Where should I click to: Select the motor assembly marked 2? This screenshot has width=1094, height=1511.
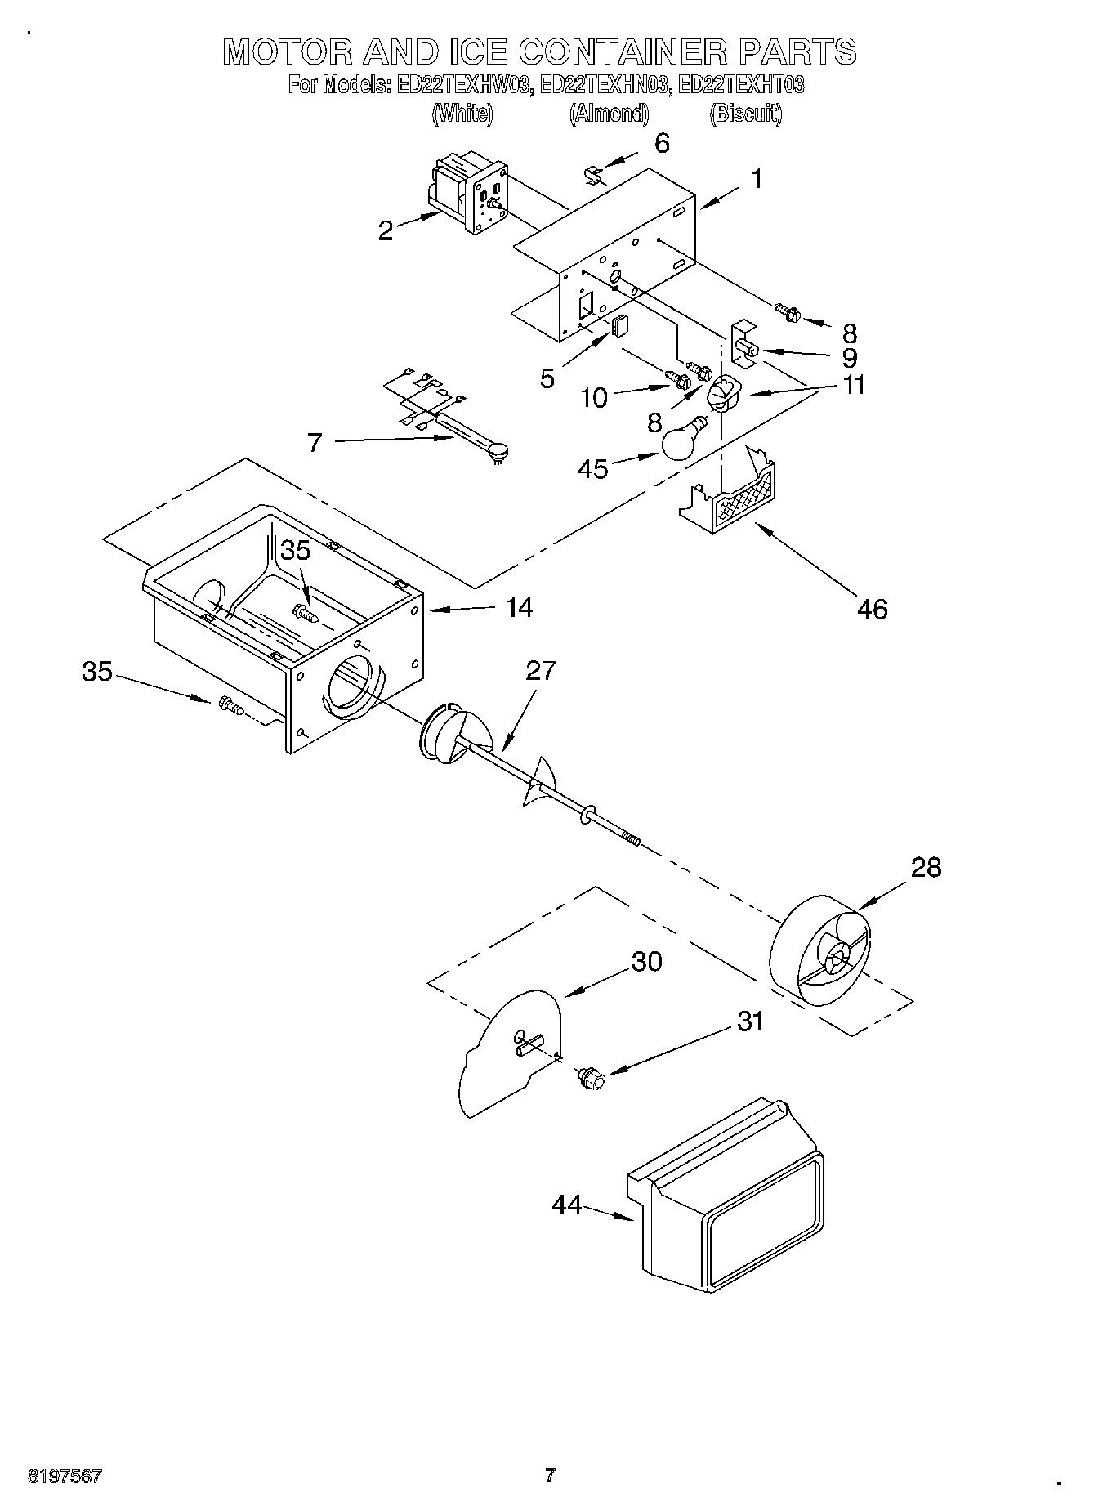coord(468,194)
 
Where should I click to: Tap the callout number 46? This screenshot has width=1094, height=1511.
coord(873,609)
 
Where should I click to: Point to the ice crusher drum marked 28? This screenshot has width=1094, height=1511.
coord(820,954)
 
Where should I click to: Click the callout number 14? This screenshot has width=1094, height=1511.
coord(519,607)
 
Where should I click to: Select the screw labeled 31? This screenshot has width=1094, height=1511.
coord(592,1079)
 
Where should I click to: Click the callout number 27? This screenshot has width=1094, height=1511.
coord(540,671)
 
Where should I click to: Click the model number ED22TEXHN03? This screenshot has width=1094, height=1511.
coord(607,85)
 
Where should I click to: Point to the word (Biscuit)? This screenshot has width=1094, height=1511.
coord(745,114)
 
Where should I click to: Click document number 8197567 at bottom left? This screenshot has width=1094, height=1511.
coord(65,1476)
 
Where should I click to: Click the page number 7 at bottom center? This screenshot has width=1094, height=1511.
coord(550,1474)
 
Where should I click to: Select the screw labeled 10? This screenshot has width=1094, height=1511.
coord(676,379)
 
